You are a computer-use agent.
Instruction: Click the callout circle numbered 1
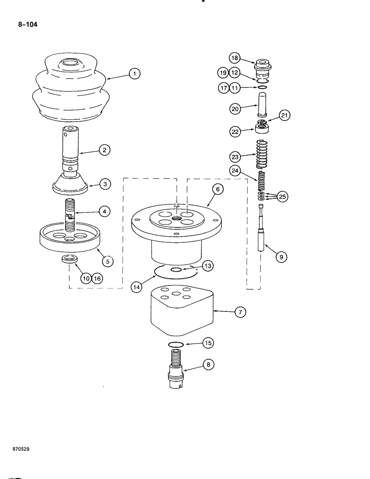coord(135,74)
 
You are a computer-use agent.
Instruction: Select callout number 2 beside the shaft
coord(104,150)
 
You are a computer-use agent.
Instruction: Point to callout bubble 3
coord(104,183)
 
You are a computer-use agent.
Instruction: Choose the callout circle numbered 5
coord(108,262)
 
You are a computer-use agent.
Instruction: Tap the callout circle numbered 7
coord(239,312)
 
